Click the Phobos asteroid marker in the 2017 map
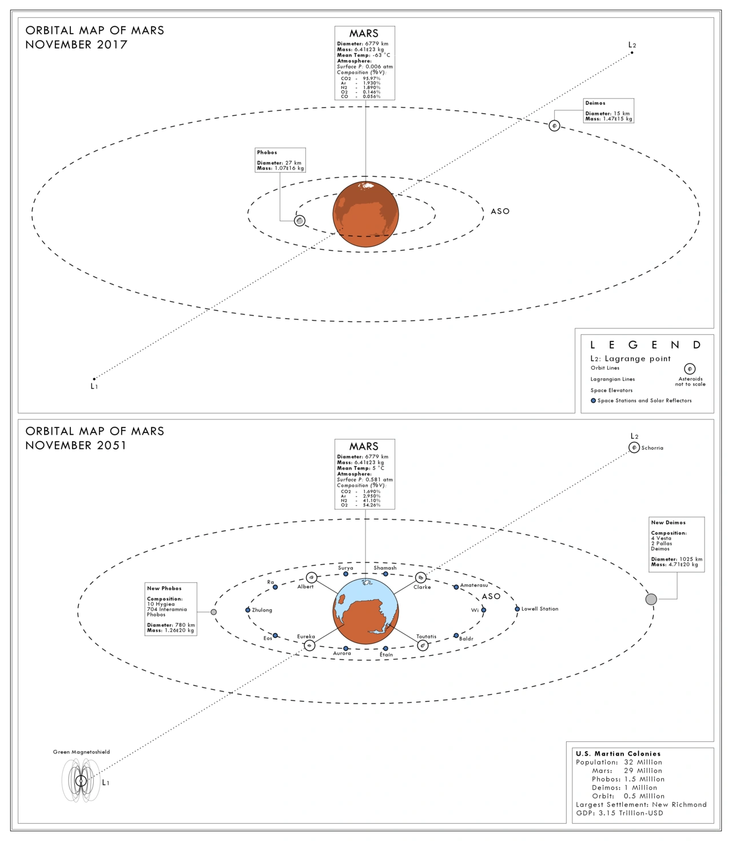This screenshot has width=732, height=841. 300,221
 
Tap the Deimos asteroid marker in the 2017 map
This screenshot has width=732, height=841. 554,126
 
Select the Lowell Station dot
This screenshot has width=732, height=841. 517,609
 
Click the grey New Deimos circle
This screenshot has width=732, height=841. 651,599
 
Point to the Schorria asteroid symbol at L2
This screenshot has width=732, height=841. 634,447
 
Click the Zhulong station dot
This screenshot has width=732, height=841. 248,610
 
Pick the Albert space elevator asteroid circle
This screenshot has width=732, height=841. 311,578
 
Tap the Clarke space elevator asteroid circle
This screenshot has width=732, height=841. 420,578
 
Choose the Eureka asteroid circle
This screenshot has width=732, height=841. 309,645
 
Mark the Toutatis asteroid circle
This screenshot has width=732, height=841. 423,645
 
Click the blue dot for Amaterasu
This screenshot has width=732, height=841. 456,587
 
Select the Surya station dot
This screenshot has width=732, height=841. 345,574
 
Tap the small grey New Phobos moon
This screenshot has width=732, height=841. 213,612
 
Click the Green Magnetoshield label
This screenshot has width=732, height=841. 81,752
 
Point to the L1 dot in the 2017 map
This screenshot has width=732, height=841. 94,379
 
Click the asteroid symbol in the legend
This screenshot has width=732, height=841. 690,369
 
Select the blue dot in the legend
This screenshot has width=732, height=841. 593,400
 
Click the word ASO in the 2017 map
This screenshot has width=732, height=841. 500,211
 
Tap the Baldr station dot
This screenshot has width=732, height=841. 456,636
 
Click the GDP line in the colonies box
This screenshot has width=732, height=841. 619,813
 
